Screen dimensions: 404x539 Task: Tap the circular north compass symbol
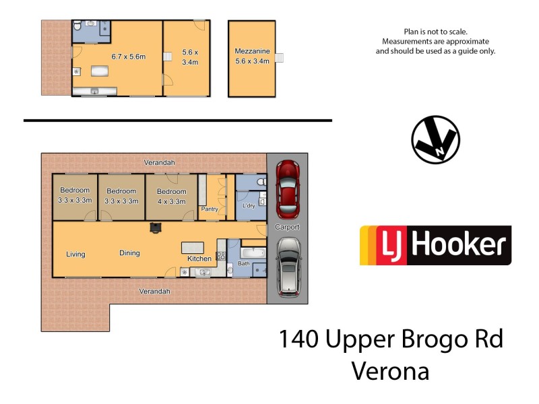click(x=435, y=139)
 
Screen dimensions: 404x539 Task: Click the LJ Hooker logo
click(x=435, y=245)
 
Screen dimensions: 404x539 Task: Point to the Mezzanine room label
click(x=252, y=51)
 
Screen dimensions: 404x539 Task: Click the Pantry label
click(x=210, y=209)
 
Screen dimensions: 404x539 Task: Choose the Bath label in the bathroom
click(x=243, y=264)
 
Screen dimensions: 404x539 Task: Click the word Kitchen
click(x=199, y=259)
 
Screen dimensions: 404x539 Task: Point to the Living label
click(x=75, y=254)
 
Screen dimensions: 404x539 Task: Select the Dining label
click(x=129, y=253)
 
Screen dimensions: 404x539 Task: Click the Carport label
click(x=288, y=227)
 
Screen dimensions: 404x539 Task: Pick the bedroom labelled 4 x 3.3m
click(x=171, y=196)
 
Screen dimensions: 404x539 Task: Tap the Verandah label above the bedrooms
click(x=159, y=163)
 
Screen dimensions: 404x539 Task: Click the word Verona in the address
click(x=390, y=371)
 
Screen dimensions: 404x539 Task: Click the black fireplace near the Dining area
click(x=156, y=228)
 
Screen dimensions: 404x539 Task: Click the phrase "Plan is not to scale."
click(x=435, y=32)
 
